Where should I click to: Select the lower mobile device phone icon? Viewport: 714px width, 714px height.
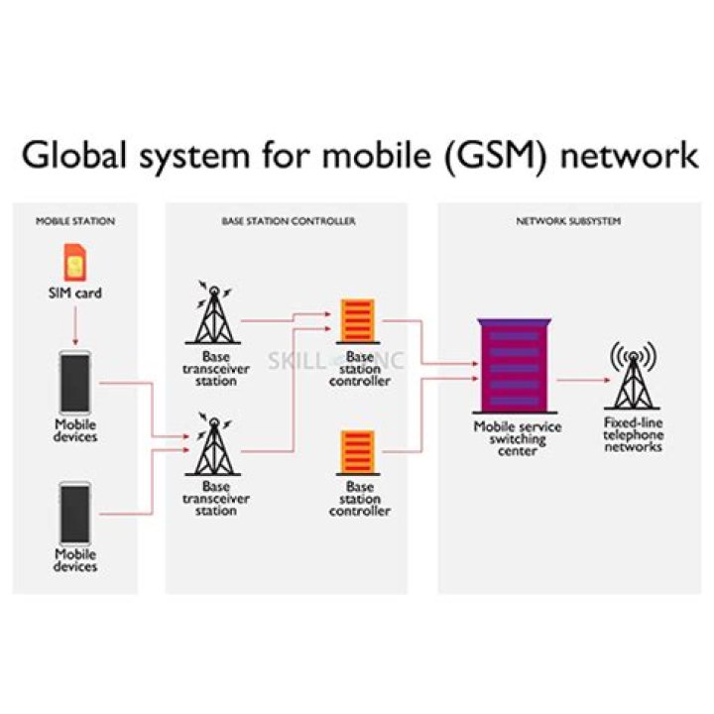pyautogui.click(x=75, y=512)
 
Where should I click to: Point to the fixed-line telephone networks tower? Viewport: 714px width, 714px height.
pyautogui.click(x=633, y=378)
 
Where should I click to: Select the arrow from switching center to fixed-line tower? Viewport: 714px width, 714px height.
pyautogui.click(x=580, y=380)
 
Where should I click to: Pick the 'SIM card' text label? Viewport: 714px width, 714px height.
pyautogui.click(x=75, y=294)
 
